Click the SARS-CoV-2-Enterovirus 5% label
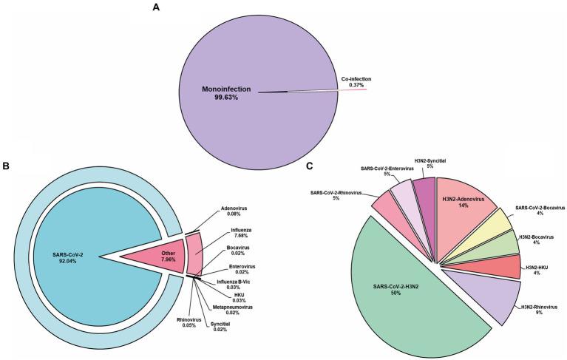[388, 173]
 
